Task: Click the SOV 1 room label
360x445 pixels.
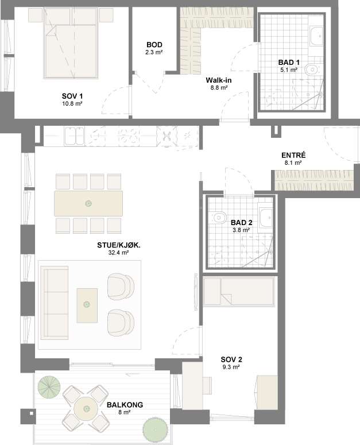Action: pyautogui.click(x=72, y=96)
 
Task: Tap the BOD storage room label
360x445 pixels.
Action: pyautogui.click(x=154, y=45)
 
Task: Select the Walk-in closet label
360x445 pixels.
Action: pyautogui.click(x=219, y=80)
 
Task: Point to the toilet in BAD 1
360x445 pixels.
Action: pyautogui.click(x=311, y=69)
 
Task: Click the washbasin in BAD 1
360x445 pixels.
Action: pyautogui.click(x=316, y=36)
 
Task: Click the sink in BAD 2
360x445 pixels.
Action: pyautogui.click(x=266, y=218)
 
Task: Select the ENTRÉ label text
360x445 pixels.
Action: pyautogui.click(x=293, y=155)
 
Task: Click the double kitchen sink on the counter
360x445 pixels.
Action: pyautogui.click(x=74, y=136)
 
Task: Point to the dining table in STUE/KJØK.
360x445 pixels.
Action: pyautogui.click(x=88, y=203)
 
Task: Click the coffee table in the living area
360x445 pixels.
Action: pyautogui.click(x=87, y=305)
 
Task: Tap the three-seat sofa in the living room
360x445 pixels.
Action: pyautogui.click(x=55, y=303)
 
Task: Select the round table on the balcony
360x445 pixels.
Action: pyautogui.click(x=86, y=409)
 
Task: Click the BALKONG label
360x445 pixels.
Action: pyautogui.click(x=125, y=405)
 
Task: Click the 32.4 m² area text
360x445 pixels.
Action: pyautogui.click(x=119, y=252)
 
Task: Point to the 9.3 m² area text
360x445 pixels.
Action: pyautogui.click(x=231, y=367)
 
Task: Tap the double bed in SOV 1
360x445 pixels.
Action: pyautogui.click(x=71, y=42)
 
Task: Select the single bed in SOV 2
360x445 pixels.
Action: pyautogui.click(x=239, y=292)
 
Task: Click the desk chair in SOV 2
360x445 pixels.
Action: pyautogui.click(x=207, y=386)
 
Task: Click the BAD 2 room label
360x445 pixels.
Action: pyautogui.click(x=241, y=223)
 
